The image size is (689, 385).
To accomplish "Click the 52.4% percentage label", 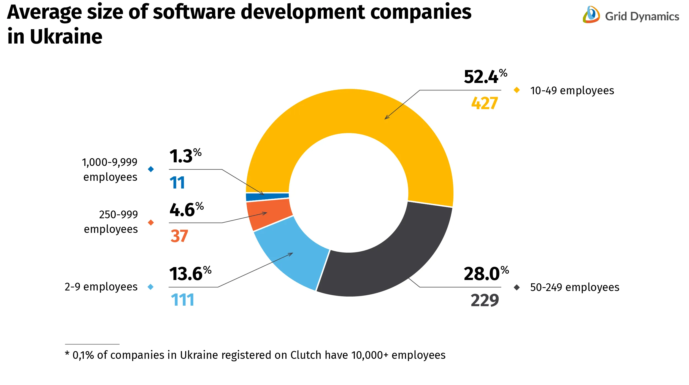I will [485, 77].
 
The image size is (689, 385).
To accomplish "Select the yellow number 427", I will [484, 103].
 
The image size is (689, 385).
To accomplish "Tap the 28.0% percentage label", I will [486, 274].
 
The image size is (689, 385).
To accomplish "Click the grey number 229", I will [485, 300].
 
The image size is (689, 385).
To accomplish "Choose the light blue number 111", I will [182, 300].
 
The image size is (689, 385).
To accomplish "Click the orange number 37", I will [179, 236].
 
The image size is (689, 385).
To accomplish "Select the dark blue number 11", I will [177, 183].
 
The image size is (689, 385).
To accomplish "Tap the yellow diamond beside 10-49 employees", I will [517, 90].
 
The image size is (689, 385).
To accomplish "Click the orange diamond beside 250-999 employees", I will [151, 222].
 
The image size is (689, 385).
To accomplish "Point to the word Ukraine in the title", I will [66, 37].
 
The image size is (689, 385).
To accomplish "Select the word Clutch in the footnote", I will [306, 355].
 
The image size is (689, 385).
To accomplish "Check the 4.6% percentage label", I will [186, 210].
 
